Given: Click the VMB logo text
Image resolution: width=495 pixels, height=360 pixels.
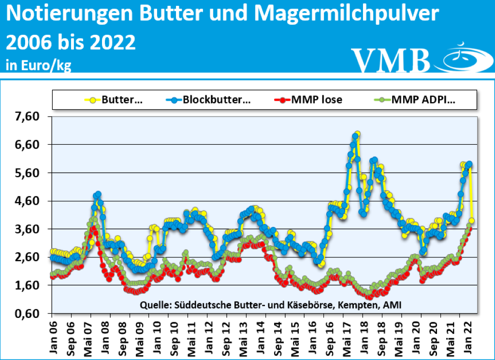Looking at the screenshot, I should [x=391, y=60].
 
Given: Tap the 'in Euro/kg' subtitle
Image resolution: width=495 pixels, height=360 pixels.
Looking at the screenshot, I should [x=38, y=65].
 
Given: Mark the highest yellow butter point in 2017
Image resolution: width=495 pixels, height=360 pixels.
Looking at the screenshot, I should [x=357, y=134].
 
